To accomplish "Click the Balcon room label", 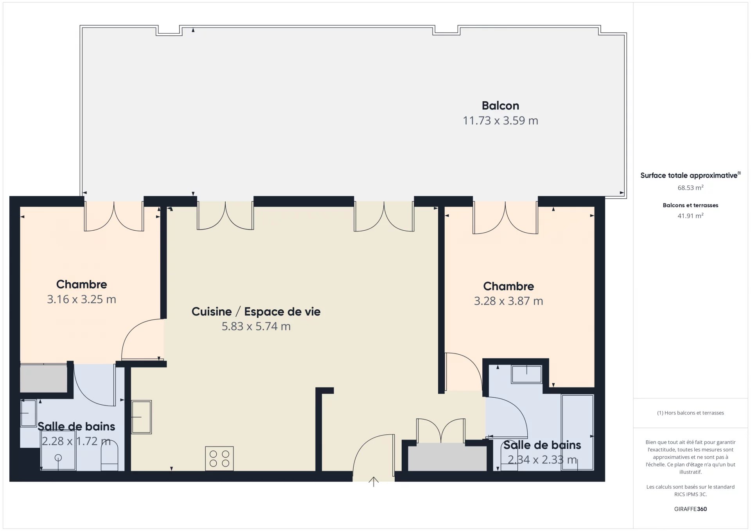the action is [500, 106].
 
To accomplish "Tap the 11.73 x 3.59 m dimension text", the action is [500, 120].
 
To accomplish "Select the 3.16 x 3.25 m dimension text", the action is [81, 299].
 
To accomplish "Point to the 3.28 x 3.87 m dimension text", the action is [508, 301].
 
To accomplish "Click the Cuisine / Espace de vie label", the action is [256, 312].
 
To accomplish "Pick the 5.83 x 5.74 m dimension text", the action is [256, 326].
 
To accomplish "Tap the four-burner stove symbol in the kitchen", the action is [219, 458].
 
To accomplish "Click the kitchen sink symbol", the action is [141, 417].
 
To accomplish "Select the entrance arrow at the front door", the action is [374, 482].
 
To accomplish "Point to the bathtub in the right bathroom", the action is [577, 432].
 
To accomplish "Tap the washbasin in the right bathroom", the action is [526, 374].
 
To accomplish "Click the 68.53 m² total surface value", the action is [690, 188].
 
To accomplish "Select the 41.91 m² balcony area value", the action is [690, 216].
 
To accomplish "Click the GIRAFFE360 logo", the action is [690, 509].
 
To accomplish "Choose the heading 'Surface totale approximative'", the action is [689, 176].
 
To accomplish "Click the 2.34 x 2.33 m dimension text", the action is [542, 460].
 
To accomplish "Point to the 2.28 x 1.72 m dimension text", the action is [76, 441].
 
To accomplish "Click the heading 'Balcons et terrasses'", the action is [690, 205].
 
